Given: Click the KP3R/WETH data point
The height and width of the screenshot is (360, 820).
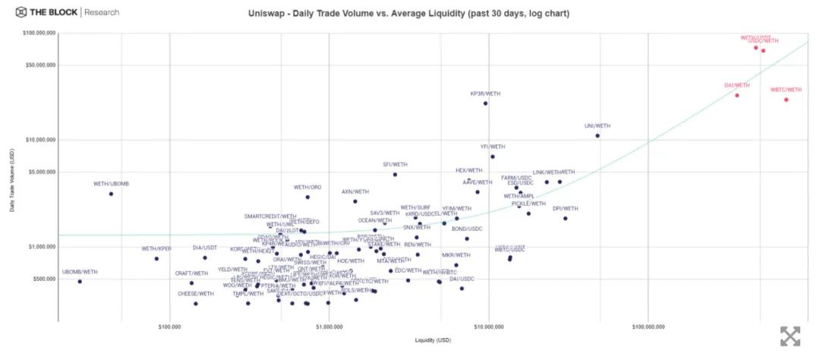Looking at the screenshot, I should click(485, 103).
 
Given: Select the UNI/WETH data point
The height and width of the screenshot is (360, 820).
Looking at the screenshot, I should click(598, 136).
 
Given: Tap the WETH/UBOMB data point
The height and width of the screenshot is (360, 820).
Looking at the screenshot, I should click(111, 194).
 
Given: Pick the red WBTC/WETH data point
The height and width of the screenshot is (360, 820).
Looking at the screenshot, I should click(786, 99).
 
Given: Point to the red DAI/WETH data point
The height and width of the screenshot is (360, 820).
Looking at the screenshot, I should click(736, 95).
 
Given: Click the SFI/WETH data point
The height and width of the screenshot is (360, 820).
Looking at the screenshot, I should click(395, 175).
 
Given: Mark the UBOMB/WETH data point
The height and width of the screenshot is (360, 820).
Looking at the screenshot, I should click(80, 282).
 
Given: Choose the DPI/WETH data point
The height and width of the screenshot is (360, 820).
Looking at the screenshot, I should click(565, 219).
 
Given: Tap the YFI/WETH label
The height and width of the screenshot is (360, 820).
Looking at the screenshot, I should click(493, 147).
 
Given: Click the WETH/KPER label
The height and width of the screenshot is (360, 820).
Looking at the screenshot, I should click(156, 249).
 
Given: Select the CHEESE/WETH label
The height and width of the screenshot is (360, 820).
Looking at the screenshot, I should click(195, 294).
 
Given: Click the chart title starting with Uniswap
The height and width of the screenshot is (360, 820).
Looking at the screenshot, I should click(408, 14).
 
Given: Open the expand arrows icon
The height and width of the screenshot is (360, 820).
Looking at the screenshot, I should click(790, 336).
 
